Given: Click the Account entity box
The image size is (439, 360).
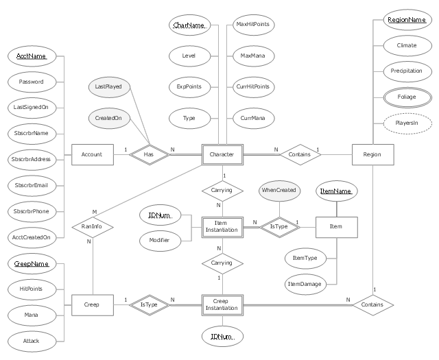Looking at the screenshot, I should pyautogui.click(x=91, y=154).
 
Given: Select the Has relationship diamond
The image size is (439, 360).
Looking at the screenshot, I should pyautogui.click(x=148, y=154).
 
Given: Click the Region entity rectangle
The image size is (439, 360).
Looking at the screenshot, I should pyautogui.click(x=366, y=154).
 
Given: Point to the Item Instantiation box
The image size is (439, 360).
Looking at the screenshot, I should pyautogui.click(x=222, y=226).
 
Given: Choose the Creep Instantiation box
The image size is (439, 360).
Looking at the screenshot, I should pyautogui.click(x=222, y=304).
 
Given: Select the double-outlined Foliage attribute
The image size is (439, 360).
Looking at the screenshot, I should pyautogui.click(x=406, y=97).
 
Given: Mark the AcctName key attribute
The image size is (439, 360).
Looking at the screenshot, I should pyautogui.click(x=31, y=56).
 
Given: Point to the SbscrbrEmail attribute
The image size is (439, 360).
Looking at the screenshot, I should pyautogui.click(x=31, y=185).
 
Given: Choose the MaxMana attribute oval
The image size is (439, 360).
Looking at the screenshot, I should pyautogui.click(x=252, y=56).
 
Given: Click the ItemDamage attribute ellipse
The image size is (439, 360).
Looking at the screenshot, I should pyautogui.click(x=305, y=283).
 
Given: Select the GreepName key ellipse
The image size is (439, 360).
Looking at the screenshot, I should pyautogui.click(x=31, y=263).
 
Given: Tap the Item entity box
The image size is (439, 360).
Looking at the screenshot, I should pyautogui.click(x=337, y=226).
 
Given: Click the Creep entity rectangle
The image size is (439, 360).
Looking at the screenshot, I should pyautogui.click(x=91, y=303).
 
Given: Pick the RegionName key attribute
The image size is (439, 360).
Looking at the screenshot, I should pyautogui.click(x=406, y=20).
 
